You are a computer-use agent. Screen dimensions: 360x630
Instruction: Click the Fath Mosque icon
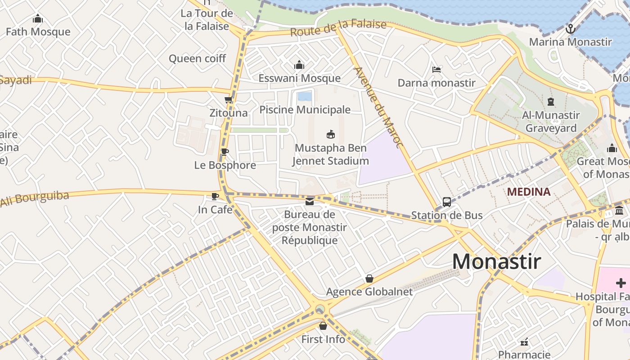(38, 18)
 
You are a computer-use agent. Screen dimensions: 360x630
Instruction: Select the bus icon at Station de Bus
(446, 202)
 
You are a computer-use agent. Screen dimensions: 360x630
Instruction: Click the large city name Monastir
(496, 261)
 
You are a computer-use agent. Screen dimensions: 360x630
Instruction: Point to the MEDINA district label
(528, 192)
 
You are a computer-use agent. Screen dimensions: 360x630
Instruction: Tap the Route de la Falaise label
(338, 28)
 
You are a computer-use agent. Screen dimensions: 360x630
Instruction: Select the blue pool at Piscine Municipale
(305, 96)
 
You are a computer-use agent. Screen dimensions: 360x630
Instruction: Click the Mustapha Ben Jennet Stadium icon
(331, 134)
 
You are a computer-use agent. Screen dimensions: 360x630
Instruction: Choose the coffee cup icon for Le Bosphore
(225, 152)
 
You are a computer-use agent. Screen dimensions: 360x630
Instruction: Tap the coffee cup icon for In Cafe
(215, 196)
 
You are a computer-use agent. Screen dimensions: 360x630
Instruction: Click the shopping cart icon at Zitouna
(229, 99)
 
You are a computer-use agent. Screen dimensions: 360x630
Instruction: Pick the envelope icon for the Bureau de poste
(310, 201)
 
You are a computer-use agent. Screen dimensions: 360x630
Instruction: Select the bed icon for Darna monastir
(436, 69)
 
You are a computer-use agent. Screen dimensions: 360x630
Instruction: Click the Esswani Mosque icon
(299, 65)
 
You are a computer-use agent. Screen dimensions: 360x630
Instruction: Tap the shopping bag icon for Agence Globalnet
(369, 279)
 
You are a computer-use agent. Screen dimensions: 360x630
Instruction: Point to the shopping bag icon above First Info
(323, 326)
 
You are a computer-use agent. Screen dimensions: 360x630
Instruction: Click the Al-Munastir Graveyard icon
(550, 102)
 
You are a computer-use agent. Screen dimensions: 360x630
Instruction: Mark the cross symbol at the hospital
(621, 283)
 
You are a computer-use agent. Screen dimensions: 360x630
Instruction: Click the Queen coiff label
(197, 58)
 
